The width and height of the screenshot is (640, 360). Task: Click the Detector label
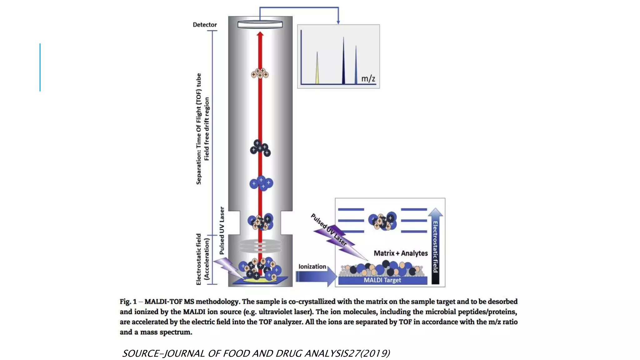205,25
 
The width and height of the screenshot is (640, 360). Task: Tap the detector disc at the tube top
260,24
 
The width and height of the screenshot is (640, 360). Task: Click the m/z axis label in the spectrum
368,78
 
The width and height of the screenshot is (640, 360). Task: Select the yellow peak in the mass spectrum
317,70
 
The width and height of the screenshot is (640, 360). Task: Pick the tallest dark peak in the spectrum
343,62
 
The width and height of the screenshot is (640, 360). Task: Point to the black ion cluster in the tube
260,148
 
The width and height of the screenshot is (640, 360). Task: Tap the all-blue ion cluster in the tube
261,183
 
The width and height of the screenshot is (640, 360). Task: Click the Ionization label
312,267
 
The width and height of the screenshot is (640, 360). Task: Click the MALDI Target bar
382,280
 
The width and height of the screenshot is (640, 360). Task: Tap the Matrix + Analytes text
401,253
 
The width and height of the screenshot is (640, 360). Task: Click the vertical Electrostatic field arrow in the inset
435,247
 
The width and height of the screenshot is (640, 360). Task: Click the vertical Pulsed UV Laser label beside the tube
222,230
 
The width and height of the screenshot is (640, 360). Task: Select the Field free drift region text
207,129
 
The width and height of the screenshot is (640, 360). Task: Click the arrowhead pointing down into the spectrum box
338,22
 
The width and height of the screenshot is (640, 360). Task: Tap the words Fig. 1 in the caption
128,302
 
